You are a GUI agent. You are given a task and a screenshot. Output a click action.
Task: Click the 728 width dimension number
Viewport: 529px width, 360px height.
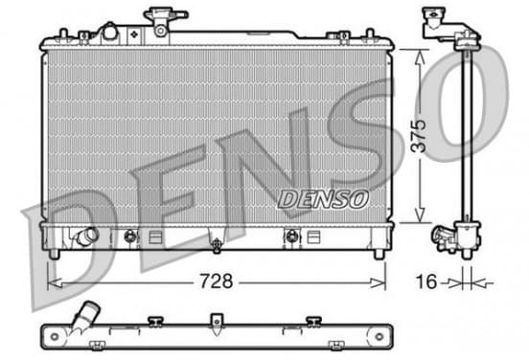coord(216,281)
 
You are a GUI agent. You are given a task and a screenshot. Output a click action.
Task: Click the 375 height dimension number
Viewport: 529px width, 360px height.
coord(420,136)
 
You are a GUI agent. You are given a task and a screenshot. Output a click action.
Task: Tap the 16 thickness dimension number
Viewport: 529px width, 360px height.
coord(426,281)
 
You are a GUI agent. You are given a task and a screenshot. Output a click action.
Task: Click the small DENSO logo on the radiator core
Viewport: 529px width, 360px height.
coord(323,199)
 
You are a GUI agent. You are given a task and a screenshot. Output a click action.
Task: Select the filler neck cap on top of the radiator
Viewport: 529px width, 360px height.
coord(165,15)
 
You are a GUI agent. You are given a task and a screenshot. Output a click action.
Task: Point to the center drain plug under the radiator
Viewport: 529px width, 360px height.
coord(217,245)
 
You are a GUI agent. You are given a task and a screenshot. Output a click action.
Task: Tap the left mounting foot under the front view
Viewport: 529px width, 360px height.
coord(54,254)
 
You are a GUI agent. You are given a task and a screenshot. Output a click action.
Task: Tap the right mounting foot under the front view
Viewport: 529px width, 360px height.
coord(379,254)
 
